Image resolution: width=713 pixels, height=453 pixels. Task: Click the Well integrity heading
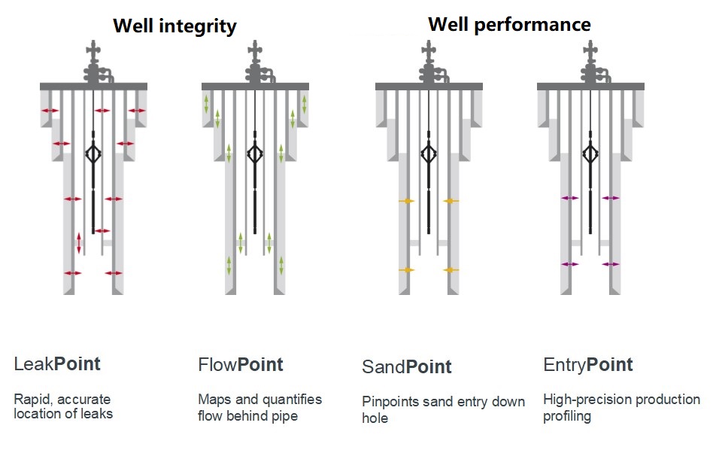coord(174,26)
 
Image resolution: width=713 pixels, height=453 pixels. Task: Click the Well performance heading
coord(509,24)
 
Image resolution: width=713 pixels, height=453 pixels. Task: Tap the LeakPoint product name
coord(57,364)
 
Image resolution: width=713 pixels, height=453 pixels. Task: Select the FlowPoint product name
coord(241,365)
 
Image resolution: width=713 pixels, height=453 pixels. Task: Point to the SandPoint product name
coord(407,366)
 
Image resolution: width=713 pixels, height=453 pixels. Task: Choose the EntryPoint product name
coord(588,365)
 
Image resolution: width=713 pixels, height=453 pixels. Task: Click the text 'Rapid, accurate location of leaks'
coord(63,406)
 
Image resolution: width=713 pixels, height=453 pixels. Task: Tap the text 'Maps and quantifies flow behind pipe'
coord(259,406)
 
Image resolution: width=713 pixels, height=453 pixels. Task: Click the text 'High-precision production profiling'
coord(621,407)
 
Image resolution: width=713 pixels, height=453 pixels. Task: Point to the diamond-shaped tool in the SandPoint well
coord(429,154)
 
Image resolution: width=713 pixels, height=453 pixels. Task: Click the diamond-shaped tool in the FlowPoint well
coord(255,154)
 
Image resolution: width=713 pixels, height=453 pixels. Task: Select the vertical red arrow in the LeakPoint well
coord(79,243)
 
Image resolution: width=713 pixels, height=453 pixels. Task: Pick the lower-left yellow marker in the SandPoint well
coord(406,269)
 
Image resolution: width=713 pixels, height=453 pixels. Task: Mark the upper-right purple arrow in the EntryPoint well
coord(611,198)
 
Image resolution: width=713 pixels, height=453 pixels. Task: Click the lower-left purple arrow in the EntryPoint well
coord(570,264)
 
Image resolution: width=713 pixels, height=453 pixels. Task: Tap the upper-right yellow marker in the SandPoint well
coord(451,201)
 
